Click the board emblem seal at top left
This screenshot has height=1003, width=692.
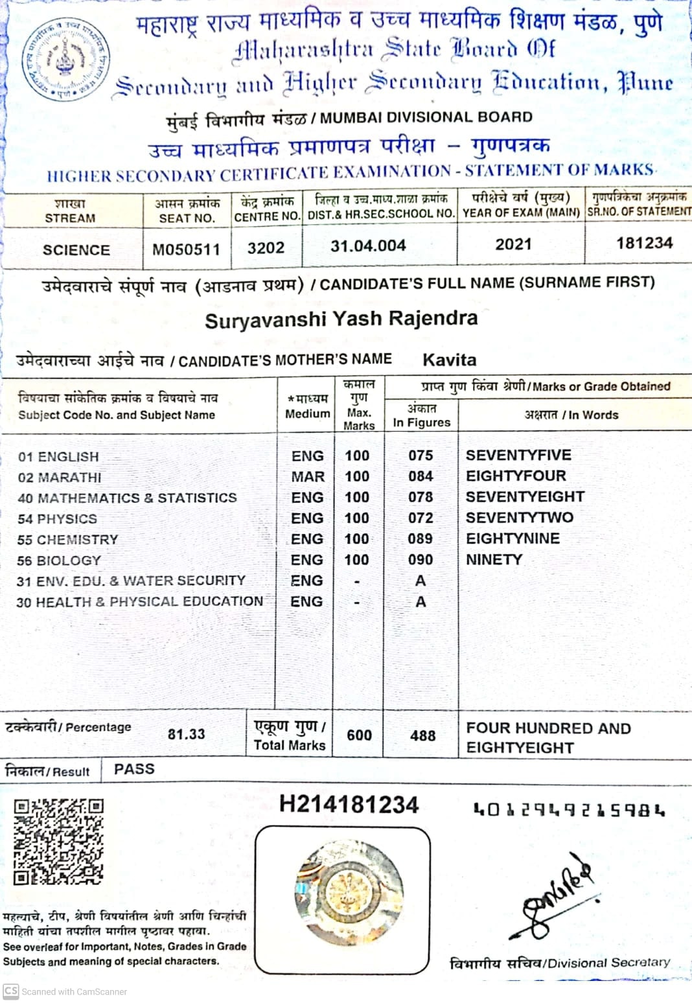tap(65, 60)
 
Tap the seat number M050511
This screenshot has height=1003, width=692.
tap(186, 249)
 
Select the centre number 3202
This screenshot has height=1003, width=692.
tap(266, 248)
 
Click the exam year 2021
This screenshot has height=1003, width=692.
tap(513, 244)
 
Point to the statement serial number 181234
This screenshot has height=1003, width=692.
tap(644, 243)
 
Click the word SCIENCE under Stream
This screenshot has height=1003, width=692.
tap(76, 250)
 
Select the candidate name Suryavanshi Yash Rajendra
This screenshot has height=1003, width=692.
tap(341, 319)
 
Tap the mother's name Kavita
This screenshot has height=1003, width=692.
tap(449, 360)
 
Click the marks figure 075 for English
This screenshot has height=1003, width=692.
tap(421, 455)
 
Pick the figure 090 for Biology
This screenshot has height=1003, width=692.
tap(421, 560)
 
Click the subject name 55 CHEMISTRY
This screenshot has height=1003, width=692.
tap(68, 540)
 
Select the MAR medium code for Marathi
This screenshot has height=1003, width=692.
tap(308, 477)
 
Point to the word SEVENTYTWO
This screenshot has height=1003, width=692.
tap(519, 518)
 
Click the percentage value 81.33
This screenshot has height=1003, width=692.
tap(186, 734)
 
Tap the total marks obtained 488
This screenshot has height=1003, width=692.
tap(422, 735)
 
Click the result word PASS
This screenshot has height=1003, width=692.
tap(134, 769)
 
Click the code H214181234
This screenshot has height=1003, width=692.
tap(349, 805)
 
